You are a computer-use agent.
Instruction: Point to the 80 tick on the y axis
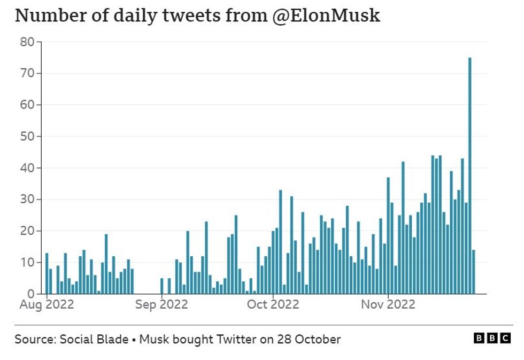pos(28,42)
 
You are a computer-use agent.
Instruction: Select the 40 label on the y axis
pos(28,168)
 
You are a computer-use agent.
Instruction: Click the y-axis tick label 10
pos(28,263)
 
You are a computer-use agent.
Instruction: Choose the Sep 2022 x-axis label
pos(161,304)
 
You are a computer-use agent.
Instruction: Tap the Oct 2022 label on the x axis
pos(273,304)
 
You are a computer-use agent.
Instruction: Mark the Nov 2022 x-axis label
pos(388,304)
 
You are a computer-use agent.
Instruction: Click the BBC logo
pos(492,338)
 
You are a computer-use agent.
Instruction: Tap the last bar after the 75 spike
pos(474,272)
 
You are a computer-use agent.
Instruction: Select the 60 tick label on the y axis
pos(28,105)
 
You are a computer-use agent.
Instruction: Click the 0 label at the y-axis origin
pos(31,294)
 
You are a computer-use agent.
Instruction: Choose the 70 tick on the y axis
pos(28,73)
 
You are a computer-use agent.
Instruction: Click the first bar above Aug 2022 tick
pos(47,273)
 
